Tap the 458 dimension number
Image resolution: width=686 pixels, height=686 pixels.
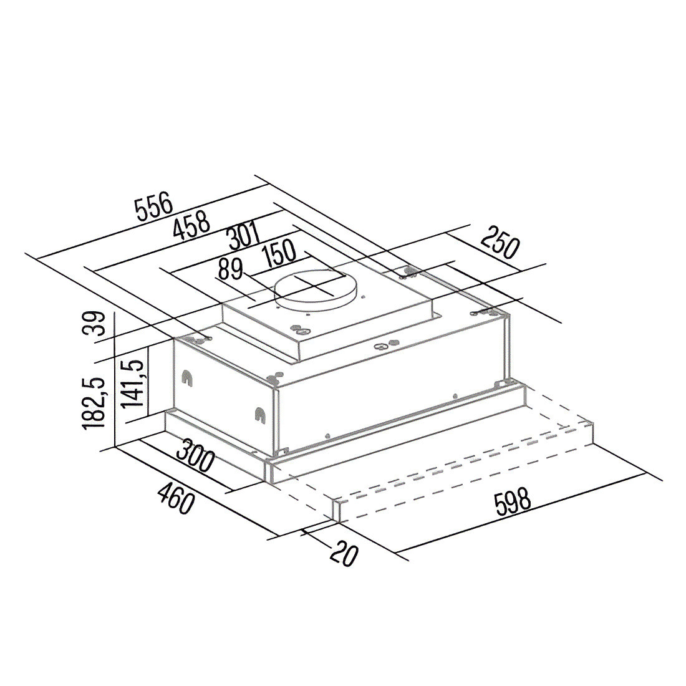[x=191, y=225]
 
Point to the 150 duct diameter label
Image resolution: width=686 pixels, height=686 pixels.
[x=279, y=254]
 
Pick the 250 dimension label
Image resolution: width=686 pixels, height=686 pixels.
[x=500, y=242]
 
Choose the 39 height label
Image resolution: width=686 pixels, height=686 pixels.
[x=94, y=323]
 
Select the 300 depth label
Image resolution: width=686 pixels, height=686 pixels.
[x=196, y=456]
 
